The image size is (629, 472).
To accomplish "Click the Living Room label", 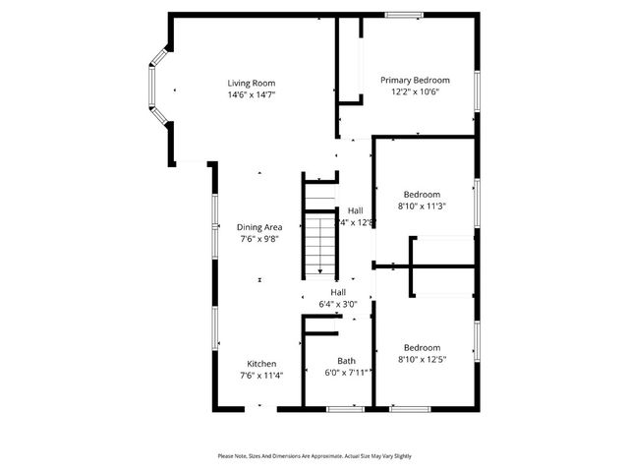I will point(252,84).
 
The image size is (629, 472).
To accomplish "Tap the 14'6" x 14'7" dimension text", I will point(252,95).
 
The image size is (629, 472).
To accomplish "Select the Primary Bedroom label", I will point(415,81).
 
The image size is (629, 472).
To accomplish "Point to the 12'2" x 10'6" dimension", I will point(415,92).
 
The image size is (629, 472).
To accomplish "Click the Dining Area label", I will point(260,227).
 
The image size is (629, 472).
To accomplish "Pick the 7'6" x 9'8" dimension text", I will point(260,239).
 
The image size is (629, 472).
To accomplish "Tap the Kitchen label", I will point(260,363).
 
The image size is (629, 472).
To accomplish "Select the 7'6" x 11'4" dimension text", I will point(260,375).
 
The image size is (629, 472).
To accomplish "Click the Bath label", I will point(346,361).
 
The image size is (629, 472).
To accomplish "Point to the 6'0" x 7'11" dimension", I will point(346,373).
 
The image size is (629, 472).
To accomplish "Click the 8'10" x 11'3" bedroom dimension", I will point(422,206).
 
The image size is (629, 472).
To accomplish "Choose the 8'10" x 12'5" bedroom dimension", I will point(422,360).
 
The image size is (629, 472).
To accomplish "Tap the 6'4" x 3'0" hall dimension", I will point(338,305).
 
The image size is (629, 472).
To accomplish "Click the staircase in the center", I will point(319,246).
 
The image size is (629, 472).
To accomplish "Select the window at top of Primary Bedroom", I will point(404,15).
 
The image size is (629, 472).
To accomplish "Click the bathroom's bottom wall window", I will point(345,408).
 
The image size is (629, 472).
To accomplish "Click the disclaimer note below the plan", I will point(314,456).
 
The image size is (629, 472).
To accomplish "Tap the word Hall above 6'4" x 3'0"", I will point(338,293).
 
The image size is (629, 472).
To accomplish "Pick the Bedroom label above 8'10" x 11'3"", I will point(422,195).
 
